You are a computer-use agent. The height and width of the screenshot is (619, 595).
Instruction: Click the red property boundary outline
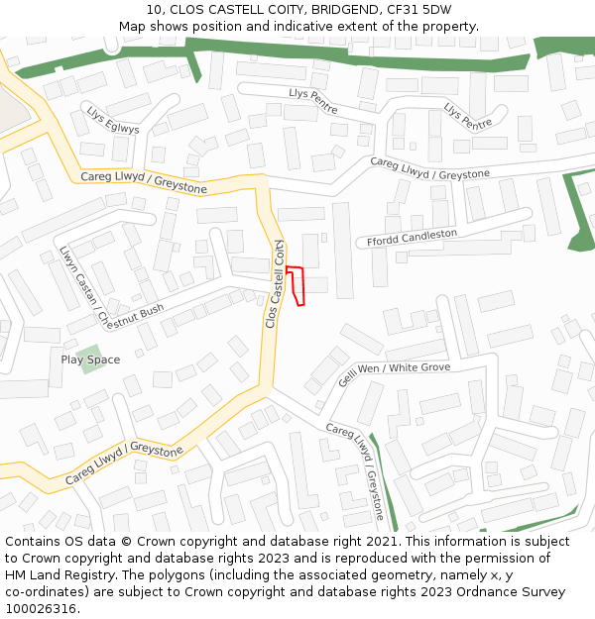[x=296, y=285]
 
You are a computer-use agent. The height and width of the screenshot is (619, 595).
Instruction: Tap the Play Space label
[x=90, y=360]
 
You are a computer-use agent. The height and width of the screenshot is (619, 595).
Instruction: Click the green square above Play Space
[x=88, y=351]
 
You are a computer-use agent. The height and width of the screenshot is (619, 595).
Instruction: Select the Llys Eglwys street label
[x=112, y=121]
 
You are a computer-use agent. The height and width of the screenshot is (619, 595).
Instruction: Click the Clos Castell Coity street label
[x=275, y=283]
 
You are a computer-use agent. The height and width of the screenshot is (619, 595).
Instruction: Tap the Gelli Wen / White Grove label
[x=394, y=373]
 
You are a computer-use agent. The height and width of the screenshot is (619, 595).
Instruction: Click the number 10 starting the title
[x=153, y=10]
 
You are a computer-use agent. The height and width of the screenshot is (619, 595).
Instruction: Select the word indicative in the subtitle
[x=307, y=27]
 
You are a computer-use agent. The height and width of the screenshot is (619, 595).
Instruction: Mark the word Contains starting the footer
[x=33, y=542]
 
